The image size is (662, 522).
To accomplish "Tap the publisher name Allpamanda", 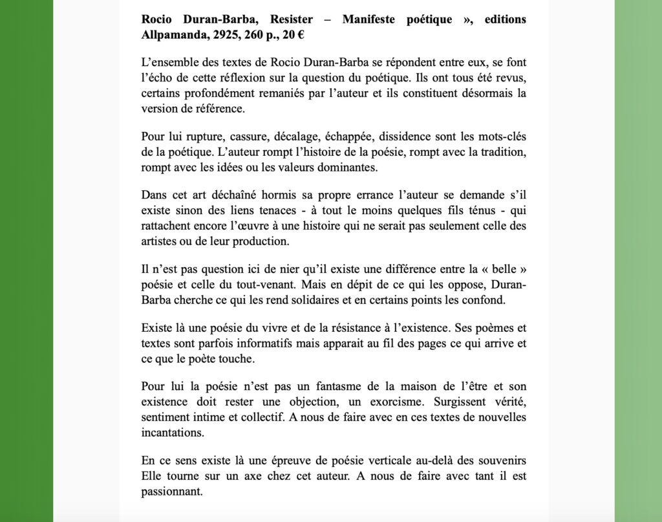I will tap(173, 33).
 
